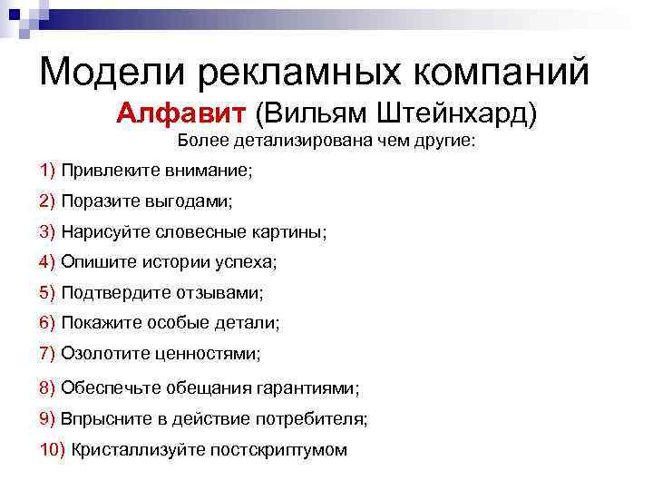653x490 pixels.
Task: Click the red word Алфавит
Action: point(181,115)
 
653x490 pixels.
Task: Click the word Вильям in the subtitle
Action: point(308,115)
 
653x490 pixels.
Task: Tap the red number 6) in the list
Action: point(48,323)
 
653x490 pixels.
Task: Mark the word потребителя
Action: point(321,419)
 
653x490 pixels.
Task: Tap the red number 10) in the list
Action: point(53,450)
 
